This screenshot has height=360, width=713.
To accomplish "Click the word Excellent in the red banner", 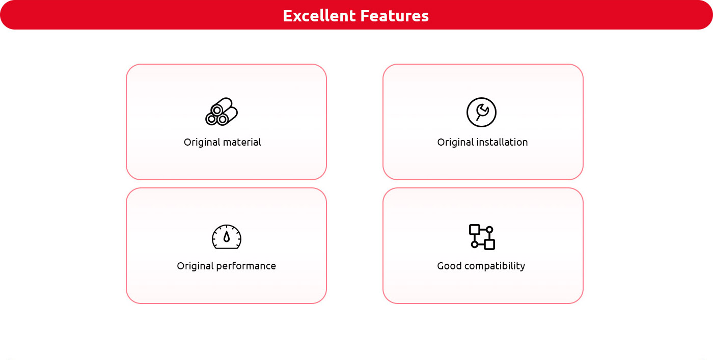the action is (x=319, y=16).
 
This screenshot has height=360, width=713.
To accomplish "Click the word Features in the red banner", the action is (x=395, y=16).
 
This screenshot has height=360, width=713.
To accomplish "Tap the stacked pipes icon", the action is (x=222, y=112).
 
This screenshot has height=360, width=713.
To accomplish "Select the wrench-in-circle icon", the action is (x=481, y=112).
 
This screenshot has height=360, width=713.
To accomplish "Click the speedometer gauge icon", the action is (x=227, y=236).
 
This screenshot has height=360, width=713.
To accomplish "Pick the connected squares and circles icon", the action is (x=482, y=237).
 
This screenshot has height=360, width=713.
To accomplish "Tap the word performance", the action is (x=246, y=266).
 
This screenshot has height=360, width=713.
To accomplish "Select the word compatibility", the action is (x=495, y=266).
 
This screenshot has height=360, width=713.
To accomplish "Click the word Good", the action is (x=449, y=266).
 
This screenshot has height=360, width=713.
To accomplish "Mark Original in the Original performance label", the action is (x=195, y=266).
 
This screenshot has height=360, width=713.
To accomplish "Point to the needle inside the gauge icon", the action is (x=227, y=236).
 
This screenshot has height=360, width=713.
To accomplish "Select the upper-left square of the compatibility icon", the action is (x=475, y=230).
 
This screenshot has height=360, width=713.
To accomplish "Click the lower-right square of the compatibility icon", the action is (x=489, y=244).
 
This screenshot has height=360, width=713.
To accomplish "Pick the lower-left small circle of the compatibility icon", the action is (x=475, y=244).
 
